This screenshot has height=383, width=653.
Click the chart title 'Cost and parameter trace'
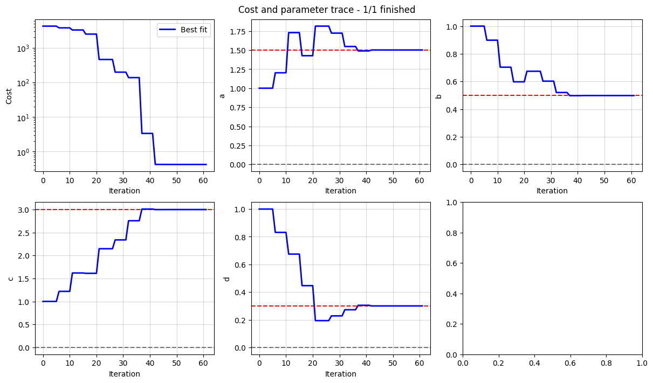327,9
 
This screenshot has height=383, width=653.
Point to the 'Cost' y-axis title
9,96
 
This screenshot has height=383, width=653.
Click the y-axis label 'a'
221,96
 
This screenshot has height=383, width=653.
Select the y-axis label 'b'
438,96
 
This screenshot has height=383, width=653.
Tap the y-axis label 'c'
10,278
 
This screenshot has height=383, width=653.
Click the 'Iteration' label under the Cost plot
125,191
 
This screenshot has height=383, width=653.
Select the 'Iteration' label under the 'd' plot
341,374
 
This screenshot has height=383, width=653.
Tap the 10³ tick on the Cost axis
25,48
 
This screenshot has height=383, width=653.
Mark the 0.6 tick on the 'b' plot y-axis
451,82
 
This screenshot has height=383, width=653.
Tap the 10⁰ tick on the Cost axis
25,152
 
